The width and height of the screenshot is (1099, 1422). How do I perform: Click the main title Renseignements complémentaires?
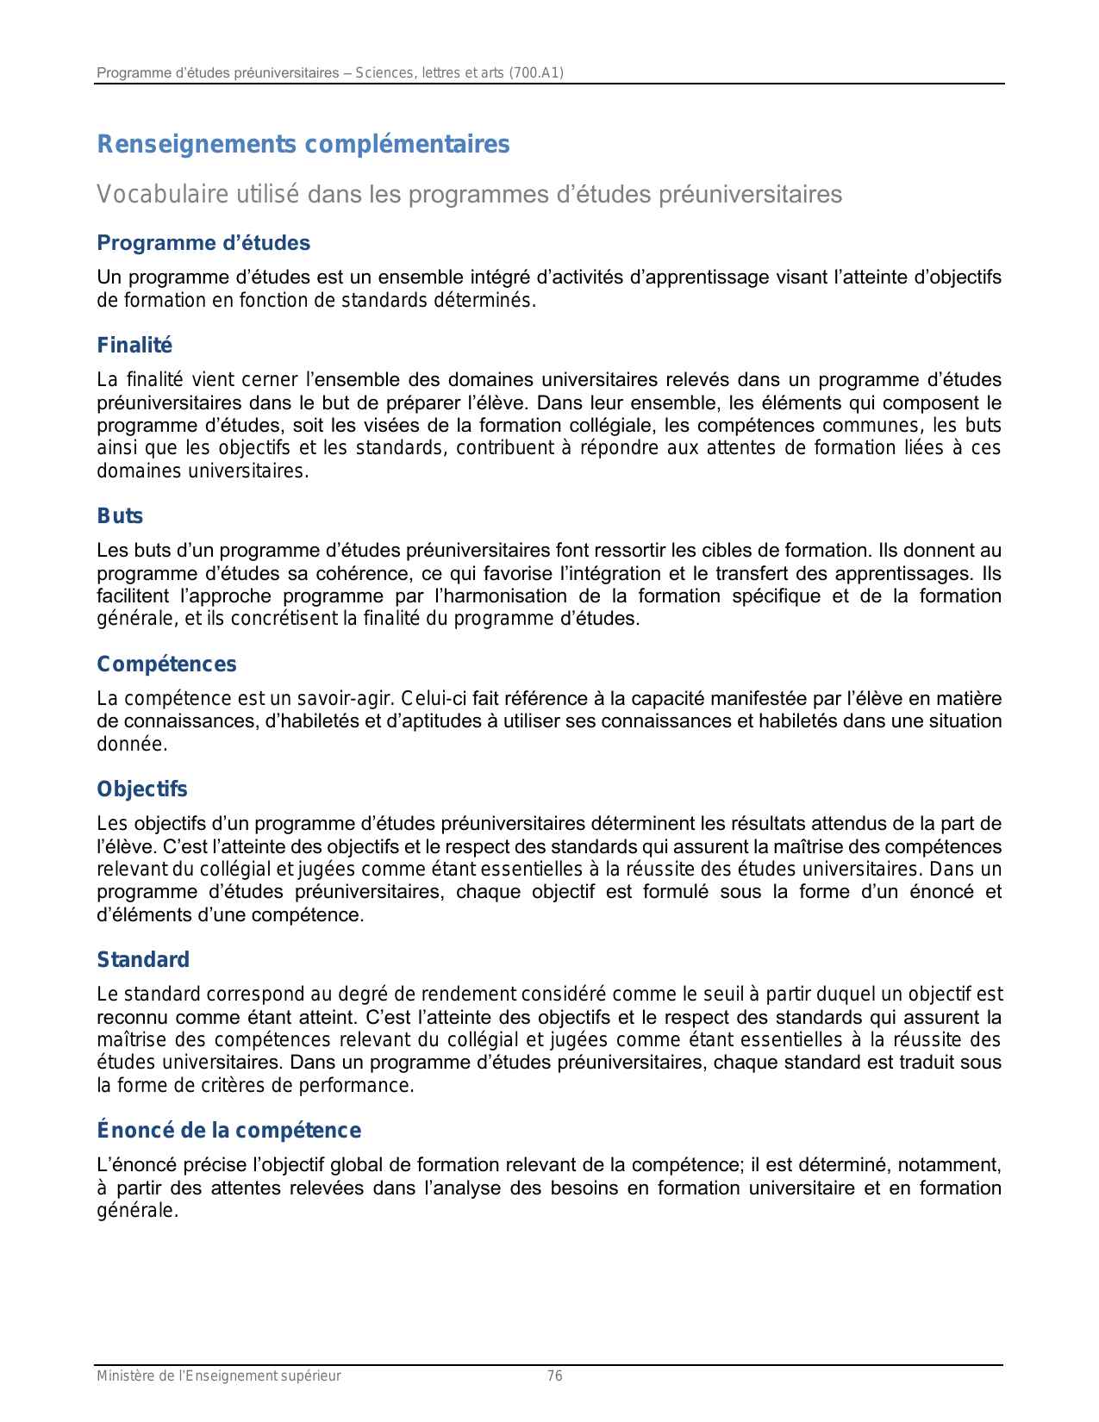(303, 144)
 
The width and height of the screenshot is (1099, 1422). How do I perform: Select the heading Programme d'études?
(203, 243)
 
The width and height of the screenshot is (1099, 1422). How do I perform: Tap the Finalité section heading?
(134, 346)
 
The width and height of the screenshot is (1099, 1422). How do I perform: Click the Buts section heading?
(120, 516)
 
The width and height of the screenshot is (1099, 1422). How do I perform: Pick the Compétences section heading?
(166, 664)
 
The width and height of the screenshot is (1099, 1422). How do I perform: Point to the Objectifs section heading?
(142, 789)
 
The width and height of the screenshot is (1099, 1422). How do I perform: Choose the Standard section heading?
(143, 960)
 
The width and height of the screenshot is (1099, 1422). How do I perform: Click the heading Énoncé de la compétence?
(228, 1131)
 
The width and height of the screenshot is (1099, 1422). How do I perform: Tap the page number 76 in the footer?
(555, 1376)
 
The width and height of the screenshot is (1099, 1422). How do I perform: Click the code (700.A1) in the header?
(536, 73)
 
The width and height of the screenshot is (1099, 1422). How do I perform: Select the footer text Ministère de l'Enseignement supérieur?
(219, 1376)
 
